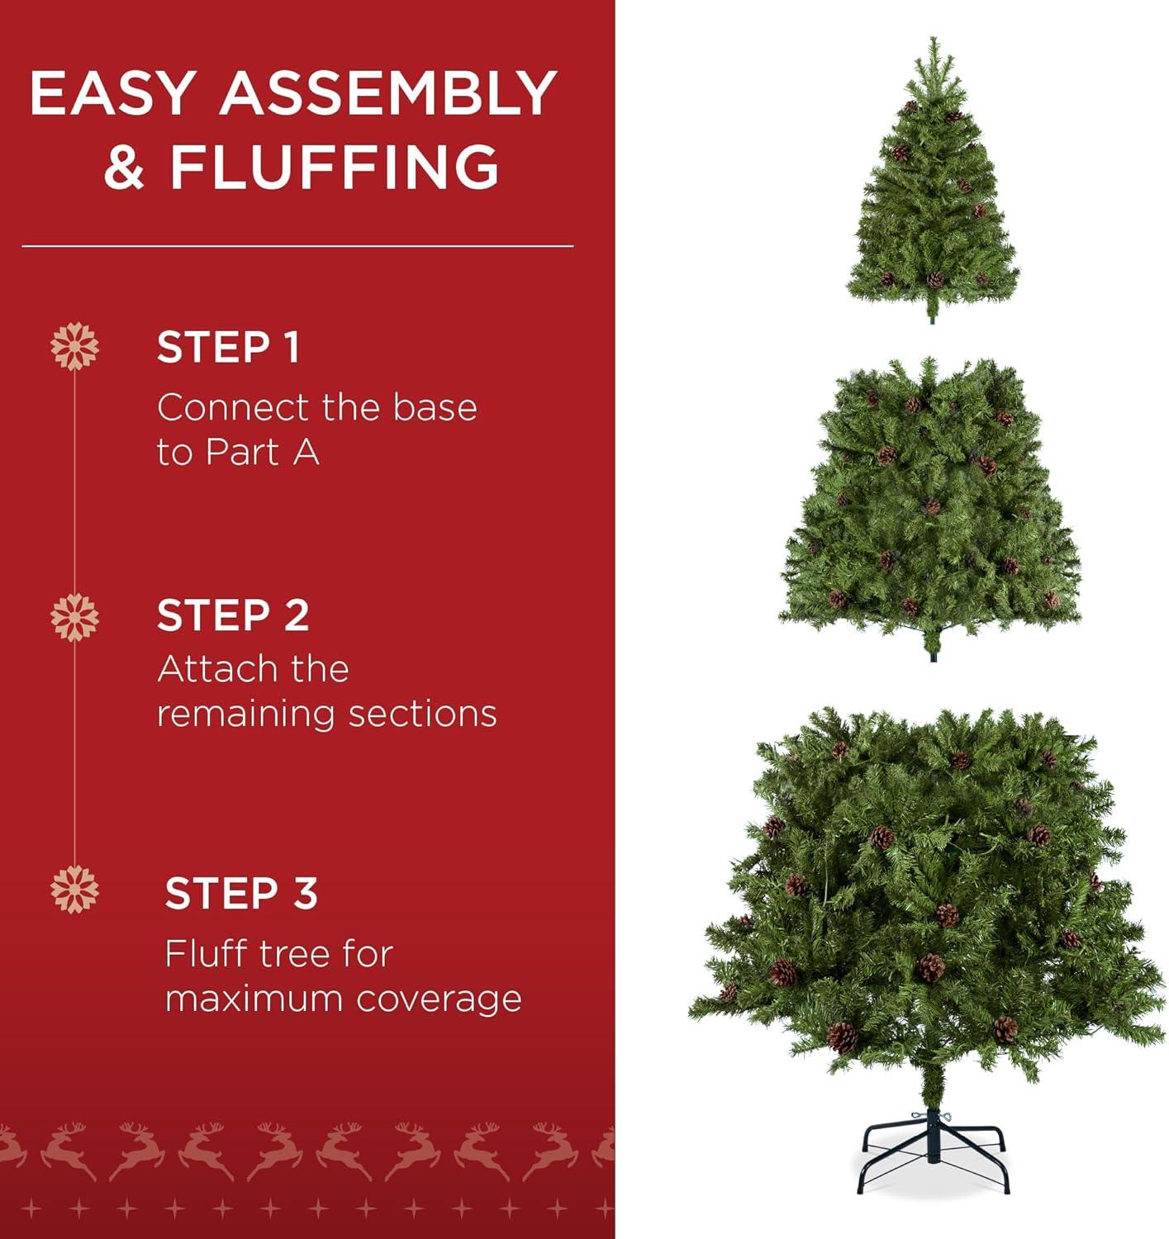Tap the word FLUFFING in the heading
pyautogui.click(x=335, y=167)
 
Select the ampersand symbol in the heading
pyautogui.click(x=124, y=167)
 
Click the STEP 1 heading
pyautogui.click(x=228, y=348)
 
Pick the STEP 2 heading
pyautogui.click(x=233, y=616)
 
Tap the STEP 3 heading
pyautogui.click(x=241, y=894)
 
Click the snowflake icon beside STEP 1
pyautogui.click(x=74, y=346)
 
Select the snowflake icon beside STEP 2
pyautogui.click(x=74, y=617)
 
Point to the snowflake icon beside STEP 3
pyautogui.click(x=74, y=890)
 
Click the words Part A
pyautogui.click(x=262, y=453)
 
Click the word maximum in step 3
pyautogui.click(x=254, y=999)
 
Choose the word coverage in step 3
pyautogui.click(x=440, y=999)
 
